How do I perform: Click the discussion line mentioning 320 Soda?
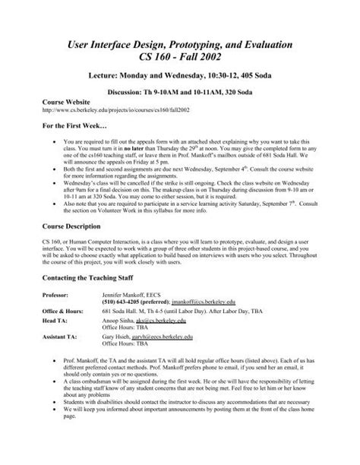click(180, 87)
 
